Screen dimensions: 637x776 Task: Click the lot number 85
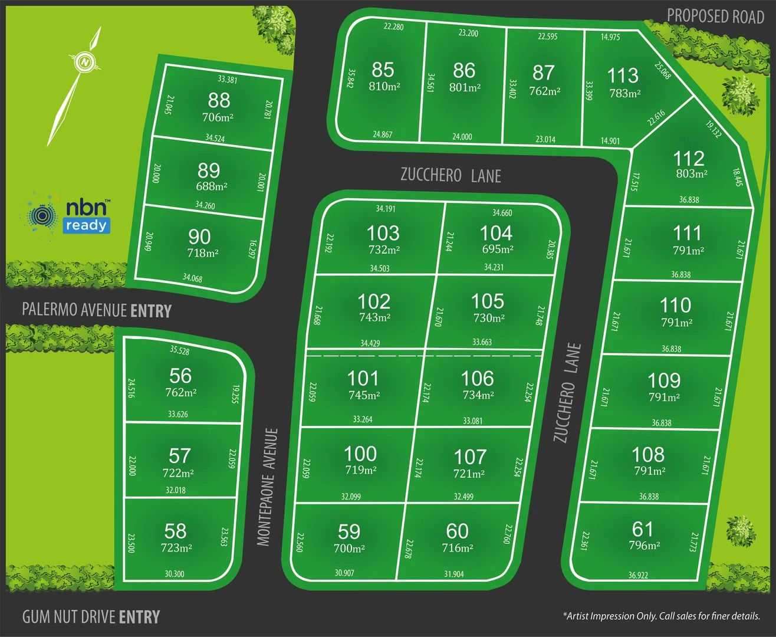(x=383, y=70)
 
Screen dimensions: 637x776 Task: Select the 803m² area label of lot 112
(x=692, y=174)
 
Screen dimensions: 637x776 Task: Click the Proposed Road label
(x=715, y=17)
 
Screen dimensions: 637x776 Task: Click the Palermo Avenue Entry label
(x=97, y=310)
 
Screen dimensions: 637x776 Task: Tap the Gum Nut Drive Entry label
(x=91, y=617)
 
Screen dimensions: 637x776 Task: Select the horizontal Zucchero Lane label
(x=451, y=175)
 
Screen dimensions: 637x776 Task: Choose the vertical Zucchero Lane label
(x=567, y=393)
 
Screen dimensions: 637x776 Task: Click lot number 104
(x=496, y=232)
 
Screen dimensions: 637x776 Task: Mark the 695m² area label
(x=497, y=249)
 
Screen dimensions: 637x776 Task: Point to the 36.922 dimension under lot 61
(x=638, y=575)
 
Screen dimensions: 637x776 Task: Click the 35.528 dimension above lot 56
(x=179, y=350)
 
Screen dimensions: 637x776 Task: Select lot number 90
(x=199, y=237)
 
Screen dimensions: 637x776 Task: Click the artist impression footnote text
(x=662, y=616)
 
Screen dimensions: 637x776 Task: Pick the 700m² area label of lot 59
(x=349, y=549)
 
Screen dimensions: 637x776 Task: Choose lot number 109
(x=664, y=380)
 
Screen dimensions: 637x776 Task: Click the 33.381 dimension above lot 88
(x=227, y=80)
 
